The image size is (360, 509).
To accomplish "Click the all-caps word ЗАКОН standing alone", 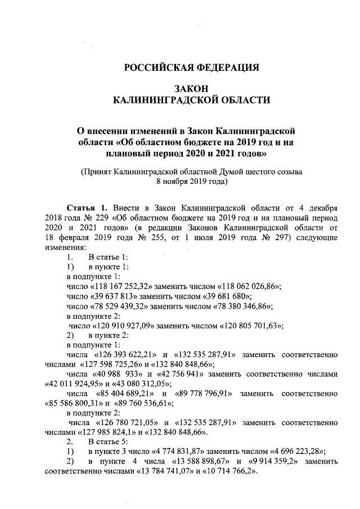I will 191,89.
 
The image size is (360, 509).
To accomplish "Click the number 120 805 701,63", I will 248,326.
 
